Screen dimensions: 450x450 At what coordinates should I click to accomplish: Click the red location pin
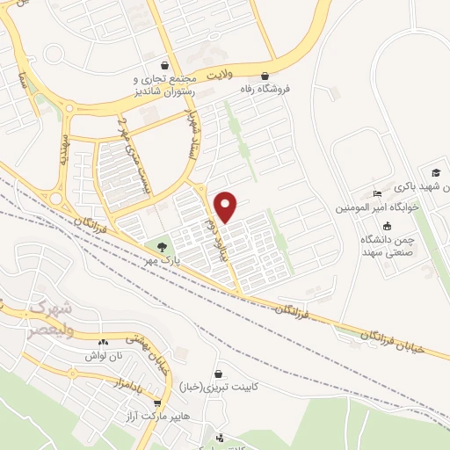pyautogui.click(x=226, y=207)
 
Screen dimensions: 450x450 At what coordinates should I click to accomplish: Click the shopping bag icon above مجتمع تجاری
pyautogui.click(x=164, y=63)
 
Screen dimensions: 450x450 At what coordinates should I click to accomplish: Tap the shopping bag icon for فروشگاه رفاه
pyautogui.click(x=265, y=75)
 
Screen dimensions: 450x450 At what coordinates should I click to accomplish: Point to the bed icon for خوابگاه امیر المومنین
pyautogui.click(x=378, y=194)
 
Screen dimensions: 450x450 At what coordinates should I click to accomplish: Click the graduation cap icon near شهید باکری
pyautogui.click(x=433, y=171)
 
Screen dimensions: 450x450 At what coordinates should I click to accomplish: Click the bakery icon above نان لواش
pyautogui.click(x=104, y=342)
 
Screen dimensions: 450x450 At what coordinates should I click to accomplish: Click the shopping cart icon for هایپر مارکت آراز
pyautogui.click(x=157, y=403)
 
